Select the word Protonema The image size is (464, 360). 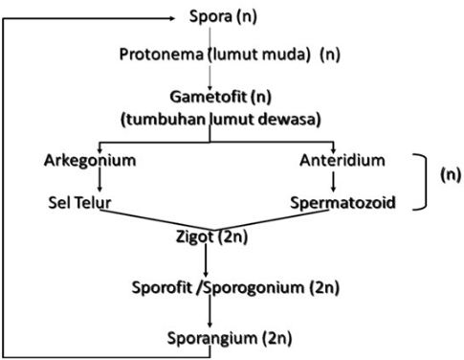coord(155,54)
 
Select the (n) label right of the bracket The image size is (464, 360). coord(449,176)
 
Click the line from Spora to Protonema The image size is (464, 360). coord(208,34)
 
